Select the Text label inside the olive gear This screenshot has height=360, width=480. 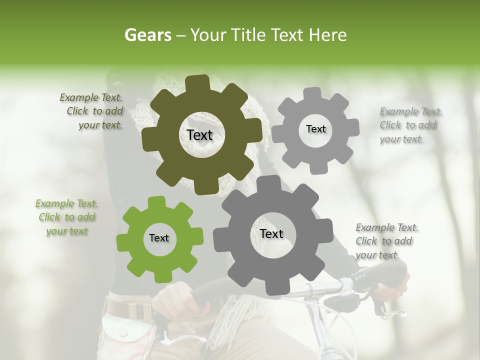tap(200, 135)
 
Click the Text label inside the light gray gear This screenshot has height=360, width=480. tap(315, 129)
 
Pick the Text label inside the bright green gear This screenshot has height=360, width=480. tap(159, 238)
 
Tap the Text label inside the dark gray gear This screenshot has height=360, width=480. tap(271, 233)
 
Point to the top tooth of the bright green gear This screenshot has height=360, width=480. tap(157, 202)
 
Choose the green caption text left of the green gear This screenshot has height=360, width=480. tap(67, 217)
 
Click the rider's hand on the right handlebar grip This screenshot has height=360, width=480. tap(395, 285)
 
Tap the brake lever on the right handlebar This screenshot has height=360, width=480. tap(390, 312)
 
